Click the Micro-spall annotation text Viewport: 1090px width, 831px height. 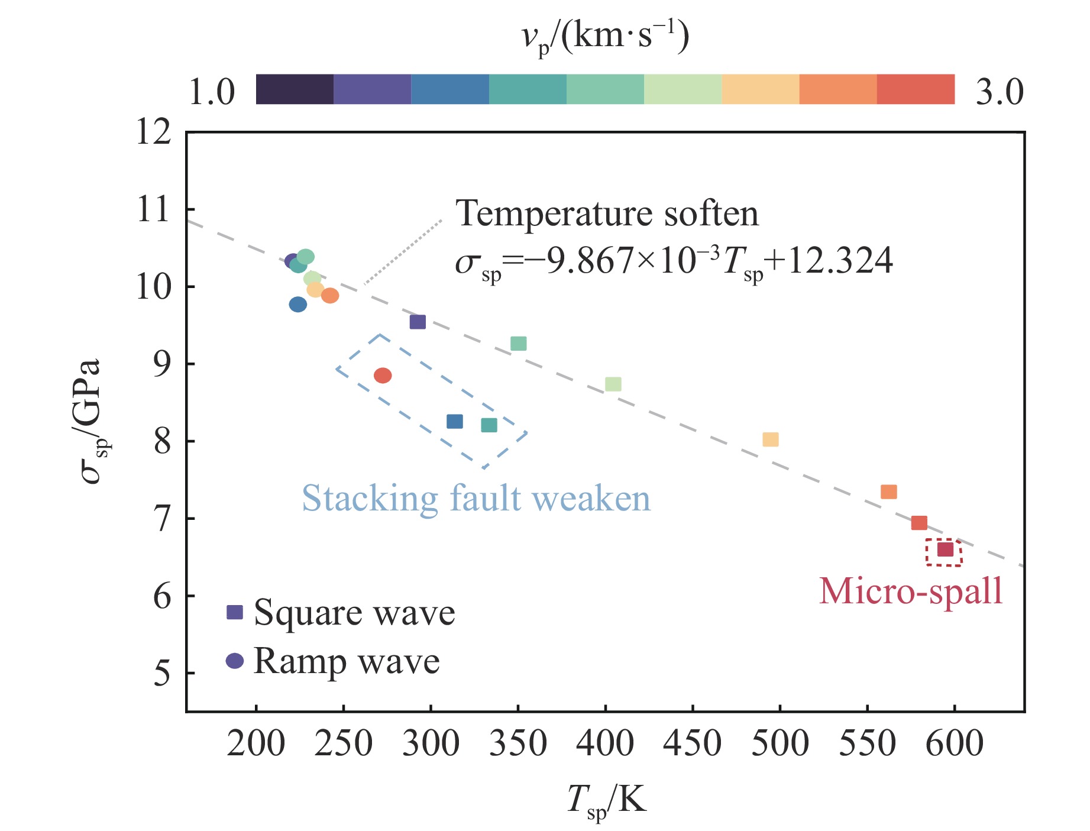click(x=911, y=591)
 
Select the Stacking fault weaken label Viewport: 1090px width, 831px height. click(x=476, y=498)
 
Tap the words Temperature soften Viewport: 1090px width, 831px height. click(x=607, y=214)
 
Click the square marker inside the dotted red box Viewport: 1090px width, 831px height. click(x=945, y=549)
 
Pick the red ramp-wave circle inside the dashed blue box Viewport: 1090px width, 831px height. click(x=383, y=376)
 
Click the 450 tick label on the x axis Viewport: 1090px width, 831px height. click(x=693, y=743)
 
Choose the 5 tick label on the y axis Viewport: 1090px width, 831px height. click(x=162, y=673)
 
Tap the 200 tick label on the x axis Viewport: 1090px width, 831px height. click(x=255, y=743)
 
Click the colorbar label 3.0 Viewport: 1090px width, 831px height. click(x=1000, y=92)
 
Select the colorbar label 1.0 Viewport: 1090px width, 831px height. click(x=212, y=92)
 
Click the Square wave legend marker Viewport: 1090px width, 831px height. click(x=235, y=612)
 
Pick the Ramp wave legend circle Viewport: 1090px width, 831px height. click(x=235, y=661)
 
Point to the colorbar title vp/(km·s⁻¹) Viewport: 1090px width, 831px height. click(x=606, y=37)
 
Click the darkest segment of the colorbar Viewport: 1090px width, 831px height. click(x=295, y=89)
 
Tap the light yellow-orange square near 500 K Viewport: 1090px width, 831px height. click(x=770, y=439)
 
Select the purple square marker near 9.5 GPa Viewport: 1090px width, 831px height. click(x=418, y=322)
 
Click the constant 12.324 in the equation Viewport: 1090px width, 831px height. click(x=840, y=261)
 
